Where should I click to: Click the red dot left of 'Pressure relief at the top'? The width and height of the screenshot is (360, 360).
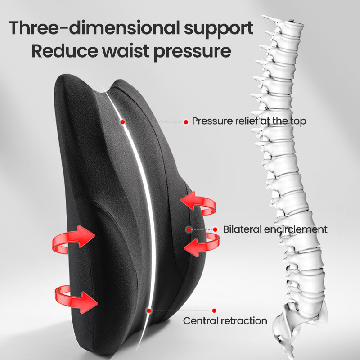[x=186, y=122]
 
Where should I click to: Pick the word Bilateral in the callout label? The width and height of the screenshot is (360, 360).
[x=243, y=229]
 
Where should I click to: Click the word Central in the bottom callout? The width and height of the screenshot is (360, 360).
[x=200, y=321]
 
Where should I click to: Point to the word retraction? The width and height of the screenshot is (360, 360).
[x=243, y=321]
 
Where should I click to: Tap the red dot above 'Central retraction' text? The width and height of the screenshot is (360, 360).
[x=215, y=310]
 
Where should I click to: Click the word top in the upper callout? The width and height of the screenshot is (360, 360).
[x=298, y=121]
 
